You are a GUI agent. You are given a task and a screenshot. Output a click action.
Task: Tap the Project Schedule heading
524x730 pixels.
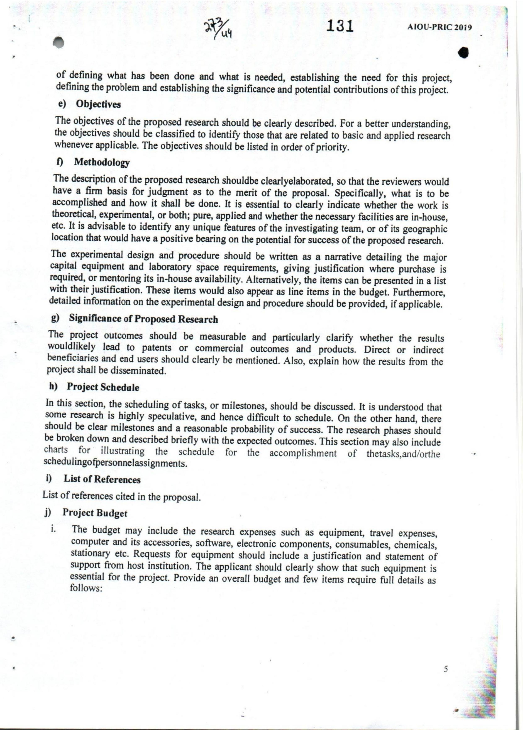(x=103, y=387)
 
